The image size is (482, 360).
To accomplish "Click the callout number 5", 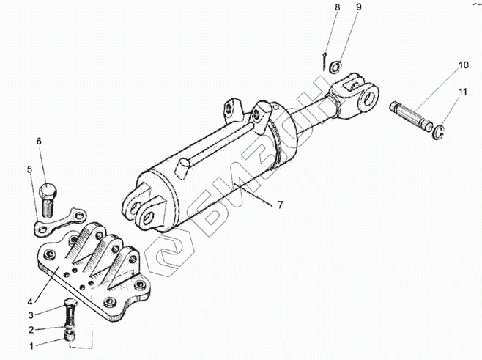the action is pyautogui.click(x=30, y=170).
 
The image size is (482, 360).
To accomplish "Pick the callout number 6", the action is pyautogui.click(x=40, y=141).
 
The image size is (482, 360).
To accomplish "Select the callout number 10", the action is pyautogui.click(x=462, y=65).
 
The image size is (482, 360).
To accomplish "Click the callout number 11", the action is pyautogui.click(x=462, y=92).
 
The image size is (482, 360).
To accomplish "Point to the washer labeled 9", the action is pyautogui.click(x=334, y=67).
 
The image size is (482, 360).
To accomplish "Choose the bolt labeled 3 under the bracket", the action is pyautogui.click(x=70, y=313).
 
